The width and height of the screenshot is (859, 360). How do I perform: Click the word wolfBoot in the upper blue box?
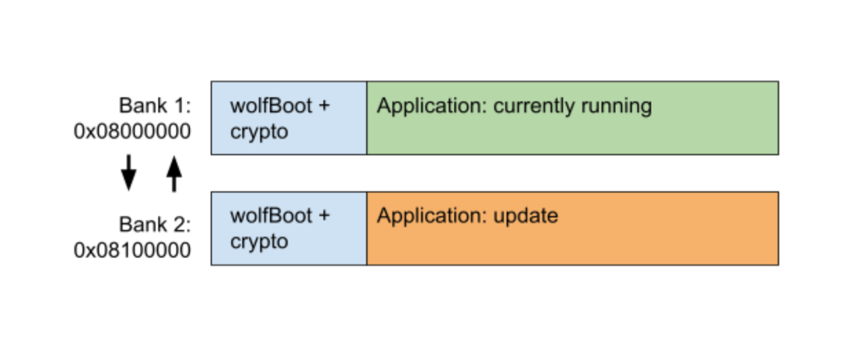pos(271,106)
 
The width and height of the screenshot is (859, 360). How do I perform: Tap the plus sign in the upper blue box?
pos(324,106)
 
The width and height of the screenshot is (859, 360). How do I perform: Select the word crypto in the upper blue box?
pos(259,132)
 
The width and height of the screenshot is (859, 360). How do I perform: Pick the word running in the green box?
pos(616,106)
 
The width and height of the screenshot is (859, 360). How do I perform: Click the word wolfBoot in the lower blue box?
pos(271,215)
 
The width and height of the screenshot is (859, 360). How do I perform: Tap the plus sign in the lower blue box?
pos(324,216)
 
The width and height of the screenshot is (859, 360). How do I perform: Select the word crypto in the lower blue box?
pos(259,242)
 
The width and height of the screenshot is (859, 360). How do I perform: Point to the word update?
pos(526,216)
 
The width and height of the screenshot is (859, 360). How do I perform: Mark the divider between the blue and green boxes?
pos(367,118)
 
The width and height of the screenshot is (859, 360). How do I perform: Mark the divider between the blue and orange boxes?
pos(367,228)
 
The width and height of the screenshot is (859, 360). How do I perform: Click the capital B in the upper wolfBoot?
pos(275,106)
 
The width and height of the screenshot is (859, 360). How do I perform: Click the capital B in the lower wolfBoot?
pos(275,215)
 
